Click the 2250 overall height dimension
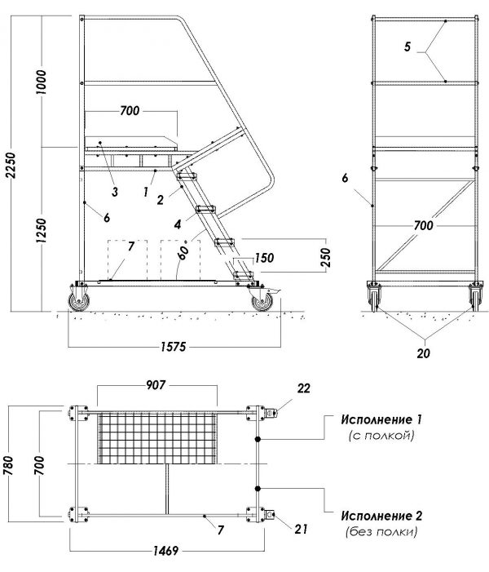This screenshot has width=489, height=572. [x=11, y=165]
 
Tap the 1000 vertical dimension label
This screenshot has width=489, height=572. [x=42, y=82]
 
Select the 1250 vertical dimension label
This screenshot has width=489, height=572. [x=42, y=232]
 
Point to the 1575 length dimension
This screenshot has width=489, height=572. [x=174, y=347]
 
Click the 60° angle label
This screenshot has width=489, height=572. [x=184, y=250]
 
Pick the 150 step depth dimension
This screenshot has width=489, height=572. [x=264, y=258]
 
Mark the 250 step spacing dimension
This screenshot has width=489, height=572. [x=327, y=257]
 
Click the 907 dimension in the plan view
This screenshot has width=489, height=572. [x=156, y=385]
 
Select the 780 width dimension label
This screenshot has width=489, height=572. [x=8, y=466]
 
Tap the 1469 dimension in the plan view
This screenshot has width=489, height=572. [x=165, y=551]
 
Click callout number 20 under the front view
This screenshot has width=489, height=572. [x=424, y=353]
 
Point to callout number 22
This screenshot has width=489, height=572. [x=303, y=388]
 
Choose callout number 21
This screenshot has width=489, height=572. [x=301, y=529]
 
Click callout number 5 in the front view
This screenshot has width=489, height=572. [x=407, y=47]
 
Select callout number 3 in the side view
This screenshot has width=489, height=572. [x=115, y=192]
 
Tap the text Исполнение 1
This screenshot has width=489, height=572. [x=381, y=420]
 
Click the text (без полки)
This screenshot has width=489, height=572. [x=381, y=532]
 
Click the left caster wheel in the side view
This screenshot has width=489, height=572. [x=79, y=302]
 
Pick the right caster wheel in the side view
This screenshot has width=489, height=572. [x=262, y=302]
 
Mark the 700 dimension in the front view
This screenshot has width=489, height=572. [x=424, y=225]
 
